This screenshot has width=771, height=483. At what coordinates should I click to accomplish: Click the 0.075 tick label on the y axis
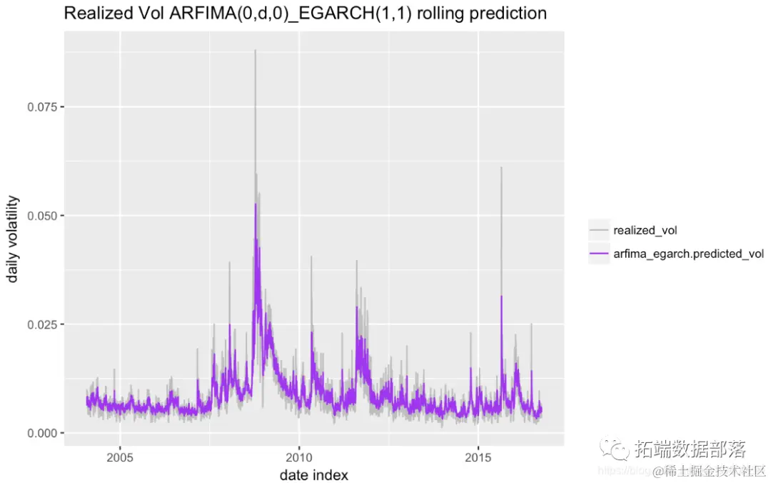pos(40,106)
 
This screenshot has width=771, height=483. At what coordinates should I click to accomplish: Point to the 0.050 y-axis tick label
pos(40,216)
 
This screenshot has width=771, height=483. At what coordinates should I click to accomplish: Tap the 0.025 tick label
pos(40,324)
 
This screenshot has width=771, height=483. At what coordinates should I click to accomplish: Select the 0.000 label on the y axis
pos(40,433)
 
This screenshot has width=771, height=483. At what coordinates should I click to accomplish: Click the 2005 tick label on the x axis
pos(120,457)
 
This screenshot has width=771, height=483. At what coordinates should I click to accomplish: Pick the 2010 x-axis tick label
pos(299,457)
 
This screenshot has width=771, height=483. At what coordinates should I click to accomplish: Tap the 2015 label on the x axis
pos(478,457)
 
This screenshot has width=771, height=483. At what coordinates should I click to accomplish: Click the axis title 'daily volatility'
pos(13,239)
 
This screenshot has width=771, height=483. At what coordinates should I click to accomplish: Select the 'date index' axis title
pos(314,474)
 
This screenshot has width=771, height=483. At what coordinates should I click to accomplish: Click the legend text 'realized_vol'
pos(645,230)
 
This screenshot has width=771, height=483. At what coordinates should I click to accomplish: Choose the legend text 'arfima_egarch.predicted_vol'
pos(688,254)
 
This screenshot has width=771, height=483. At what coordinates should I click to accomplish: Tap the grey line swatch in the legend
pos(598,230)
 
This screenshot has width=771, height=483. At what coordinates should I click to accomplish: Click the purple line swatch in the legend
pos(598,254)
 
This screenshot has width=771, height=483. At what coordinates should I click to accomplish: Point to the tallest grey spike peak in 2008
pos(255,50)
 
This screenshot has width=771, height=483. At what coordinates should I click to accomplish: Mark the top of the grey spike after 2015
pos(501,167)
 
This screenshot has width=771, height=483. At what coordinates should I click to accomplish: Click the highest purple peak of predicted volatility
pos(255,204)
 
